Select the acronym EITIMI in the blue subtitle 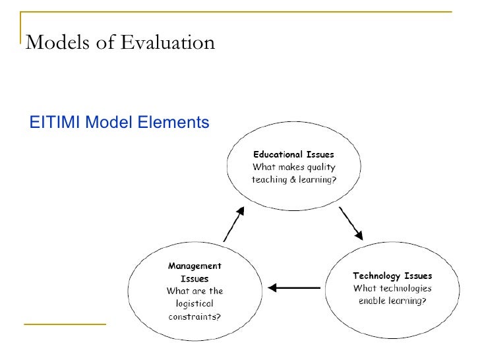(x=56, y=122)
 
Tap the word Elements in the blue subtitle (x=175, y=122)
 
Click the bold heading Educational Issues (x=293, y=155)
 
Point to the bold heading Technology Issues (x=392, y=276)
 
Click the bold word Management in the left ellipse (x=195, y=266)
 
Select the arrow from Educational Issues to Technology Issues (x=351, y=224)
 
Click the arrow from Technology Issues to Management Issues (x=294, y=287)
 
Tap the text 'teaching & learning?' (x=293, y=179)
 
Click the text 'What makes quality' (x=293, y=167)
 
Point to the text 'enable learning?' (x=392, y=301)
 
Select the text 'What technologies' (x=392, y=288)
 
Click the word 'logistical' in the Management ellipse (x=195, y=303)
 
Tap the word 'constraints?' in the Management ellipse (x=195, y=316)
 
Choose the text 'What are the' (x=195, y=291)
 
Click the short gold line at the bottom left (x=65, y=324)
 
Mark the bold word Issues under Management (x=195, y=279)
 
